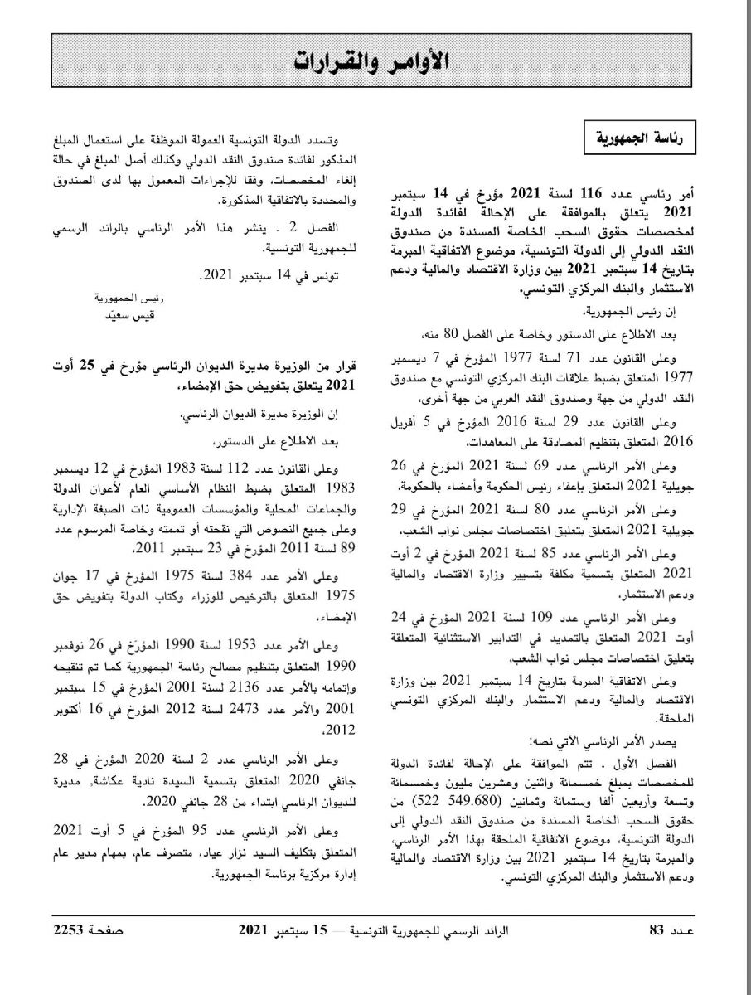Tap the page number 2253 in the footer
pos(70,948)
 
